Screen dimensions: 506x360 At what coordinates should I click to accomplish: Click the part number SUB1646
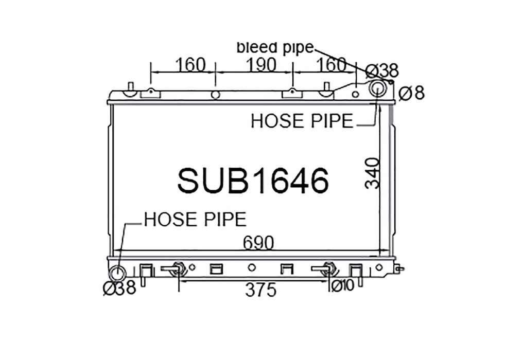tap(253, 181)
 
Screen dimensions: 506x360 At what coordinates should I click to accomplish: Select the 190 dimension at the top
tap(261, 65)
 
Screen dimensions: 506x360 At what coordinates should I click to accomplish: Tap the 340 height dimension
tap(372, 173)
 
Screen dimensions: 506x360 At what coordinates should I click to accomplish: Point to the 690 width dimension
tap(258, 243)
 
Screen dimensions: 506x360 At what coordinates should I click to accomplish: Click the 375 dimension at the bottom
tap(261, 290)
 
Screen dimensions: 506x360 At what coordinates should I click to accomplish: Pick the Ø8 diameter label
tap(411, 93)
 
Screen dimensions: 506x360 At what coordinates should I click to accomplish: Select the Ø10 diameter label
tap(343, 285)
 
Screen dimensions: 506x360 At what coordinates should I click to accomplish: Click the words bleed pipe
tap(275, 48)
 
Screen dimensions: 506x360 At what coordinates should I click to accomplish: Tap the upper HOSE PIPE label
tap(302, 121)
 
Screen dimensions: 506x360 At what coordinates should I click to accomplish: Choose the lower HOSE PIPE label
tap(195, 220)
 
